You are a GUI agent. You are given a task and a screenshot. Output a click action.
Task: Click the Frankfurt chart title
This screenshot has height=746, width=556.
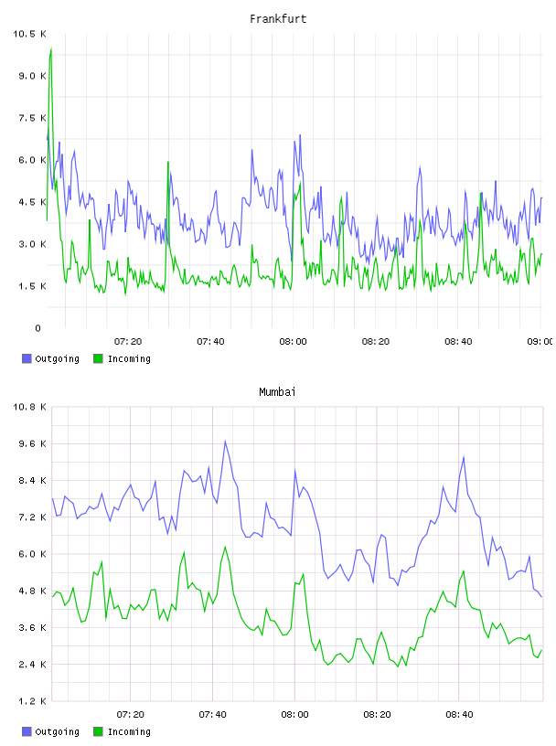(x=278, y=19)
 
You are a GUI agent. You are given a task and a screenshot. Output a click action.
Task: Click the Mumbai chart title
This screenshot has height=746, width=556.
(x=277, y=392)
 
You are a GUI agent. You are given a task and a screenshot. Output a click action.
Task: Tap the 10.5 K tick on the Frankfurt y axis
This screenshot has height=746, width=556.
(x=29, y=34)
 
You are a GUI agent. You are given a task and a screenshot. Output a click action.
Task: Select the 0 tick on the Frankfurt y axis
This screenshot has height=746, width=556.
(x=38, y=328)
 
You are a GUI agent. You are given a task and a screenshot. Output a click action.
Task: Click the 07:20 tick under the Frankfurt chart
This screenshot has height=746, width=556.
(x=128, y=342)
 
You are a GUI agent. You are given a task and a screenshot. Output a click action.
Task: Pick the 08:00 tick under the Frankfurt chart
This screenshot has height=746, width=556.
(x=293, y=342)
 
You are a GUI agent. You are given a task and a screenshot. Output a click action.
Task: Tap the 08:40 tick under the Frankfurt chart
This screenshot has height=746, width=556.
(x=458, y=342)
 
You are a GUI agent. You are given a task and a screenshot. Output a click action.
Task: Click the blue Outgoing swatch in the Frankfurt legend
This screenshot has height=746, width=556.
(x=27, y=358)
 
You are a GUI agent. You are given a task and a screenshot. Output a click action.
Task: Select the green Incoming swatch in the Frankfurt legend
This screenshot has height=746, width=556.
(x=98, y=358)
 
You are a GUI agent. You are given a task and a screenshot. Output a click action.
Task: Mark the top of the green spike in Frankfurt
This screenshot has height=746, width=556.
(x=51, y=48)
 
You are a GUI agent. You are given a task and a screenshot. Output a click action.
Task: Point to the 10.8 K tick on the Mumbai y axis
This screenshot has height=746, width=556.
(x=29, y=407)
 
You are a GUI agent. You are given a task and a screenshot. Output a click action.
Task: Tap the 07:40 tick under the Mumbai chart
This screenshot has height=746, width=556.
(x=212, y=715)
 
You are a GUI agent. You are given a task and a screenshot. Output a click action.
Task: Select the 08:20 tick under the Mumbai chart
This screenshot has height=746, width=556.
(x=377, y=715)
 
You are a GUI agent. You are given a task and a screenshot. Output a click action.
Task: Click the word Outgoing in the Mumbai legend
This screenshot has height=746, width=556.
(x=57, y=731)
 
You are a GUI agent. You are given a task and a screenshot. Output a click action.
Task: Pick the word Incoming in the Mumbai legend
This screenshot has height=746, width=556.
(x=129, y=731)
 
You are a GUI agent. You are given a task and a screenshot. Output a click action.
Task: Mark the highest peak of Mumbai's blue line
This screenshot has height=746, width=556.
(x=225, y=441)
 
